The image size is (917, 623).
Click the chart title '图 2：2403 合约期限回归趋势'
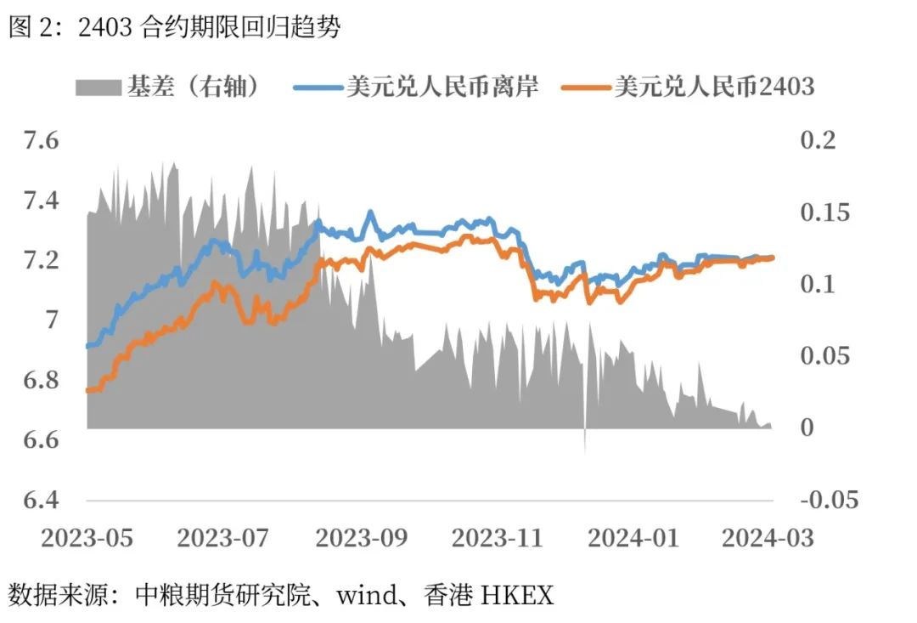click(174, 27)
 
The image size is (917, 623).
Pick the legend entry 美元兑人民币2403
click(713, 86)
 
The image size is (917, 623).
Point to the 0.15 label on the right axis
click(824, 212)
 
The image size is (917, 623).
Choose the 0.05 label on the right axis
click(824, 356)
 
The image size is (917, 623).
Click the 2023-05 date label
click(87, 538)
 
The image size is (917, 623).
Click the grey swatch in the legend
click(98, 86)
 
